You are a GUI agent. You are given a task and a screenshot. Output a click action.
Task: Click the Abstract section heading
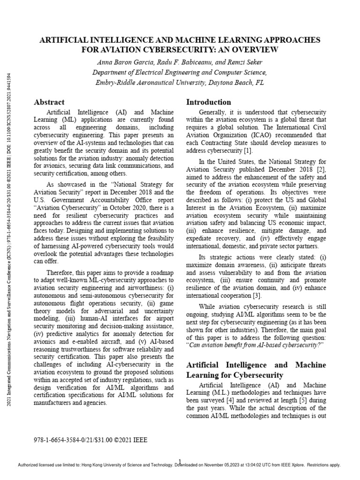pos(49,102)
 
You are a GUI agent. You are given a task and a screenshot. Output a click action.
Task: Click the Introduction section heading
pos(209,102)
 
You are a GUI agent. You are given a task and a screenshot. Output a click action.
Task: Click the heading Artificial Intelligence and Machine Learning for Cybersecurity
pos(255,370)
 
